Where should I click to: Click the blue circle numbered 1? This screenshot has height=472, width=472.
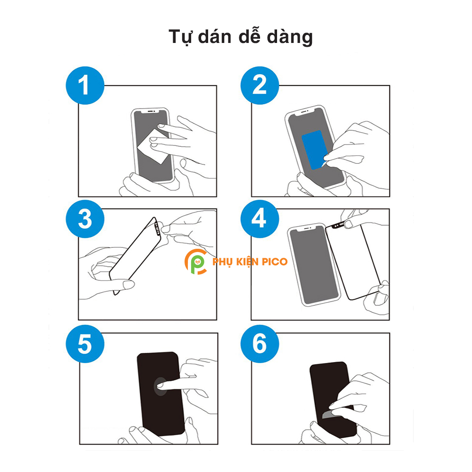point(85,85)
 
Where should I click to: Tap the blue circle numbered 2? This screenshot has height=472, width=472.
point(260,85)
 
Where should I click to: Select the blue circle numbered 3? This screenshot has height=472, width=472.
point(85,219)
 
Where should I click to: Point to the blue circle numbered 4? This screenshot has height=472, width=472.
point(260,219)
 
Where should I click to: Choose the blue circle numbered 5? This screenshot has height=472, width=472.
point(85,344)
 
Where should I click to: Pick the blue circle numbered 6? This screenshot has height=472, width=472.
point(260,344)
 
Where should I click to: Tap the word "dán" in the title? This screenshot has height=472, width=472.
point(215,36)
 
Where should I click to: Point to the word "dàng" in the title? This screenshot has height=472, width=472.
point(290,38)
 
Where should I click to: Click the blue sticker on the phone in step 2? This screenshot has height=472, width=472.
point(314,150)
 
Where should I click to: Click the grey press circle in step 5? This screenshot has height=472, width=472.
point(160,387)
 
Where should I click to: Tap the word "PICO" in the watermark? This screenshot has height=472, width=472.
point(275,261)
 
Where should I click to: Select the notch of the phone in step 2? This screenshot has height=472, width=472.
point(304,112)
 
